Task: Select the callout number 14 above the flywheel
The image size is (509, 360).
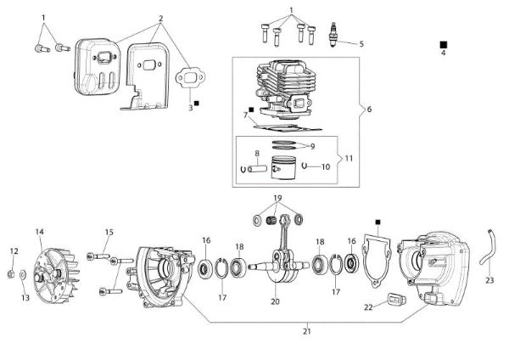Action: click(x=39, y=232)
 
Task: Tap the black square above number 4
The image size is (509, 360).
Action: click(x=443, y=42)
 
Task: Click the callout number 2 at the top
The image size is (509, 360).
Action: click(x=160, y=19)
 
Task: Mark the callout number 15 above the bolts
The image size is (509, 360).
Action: click(x=109, y=232)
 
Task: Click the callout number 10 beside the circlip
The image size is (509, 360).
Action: click(x=325, y=167)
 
